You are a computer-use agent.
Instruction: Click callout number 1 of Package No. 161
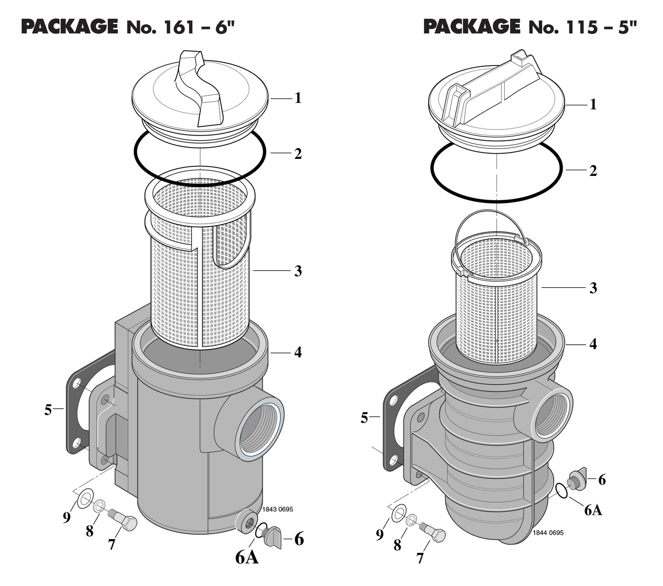point(298,98)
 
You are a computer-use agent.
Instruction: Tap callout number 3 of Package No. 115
point(593,288)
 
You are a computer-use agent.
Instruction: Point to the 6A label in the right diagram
point(592,510)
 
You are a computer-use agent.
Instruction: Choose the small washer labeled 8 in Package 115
point(412,518)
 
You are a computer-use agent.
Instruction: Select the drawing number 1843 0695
point(278,510)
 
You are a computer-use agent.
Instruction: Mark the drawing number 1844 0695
point(548,532)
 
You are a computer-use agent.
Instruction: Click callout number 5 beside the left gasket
point(48,410)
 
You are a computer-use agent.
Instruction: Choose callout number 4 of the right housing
point(593,344)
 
